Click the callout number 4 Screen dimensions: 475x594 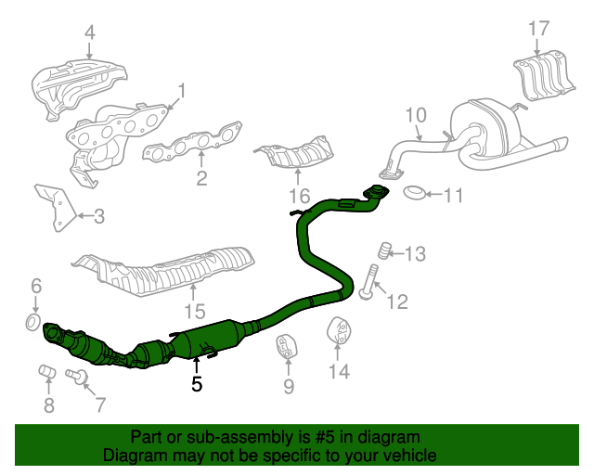[89, 34]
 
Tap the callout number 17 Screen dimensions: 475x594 [539, 29]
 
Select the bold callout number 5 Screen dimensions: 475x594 [196, 382]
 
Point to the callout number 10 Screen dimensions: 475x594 [415, 115]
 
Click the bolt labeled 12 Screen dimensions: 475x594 [368, 284]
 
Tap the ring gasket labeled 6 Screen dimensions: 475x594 [32, 322]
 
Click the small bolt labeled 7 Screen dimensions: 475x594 [78, 376]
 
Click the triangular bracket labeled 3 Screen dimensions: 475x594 [55, 209]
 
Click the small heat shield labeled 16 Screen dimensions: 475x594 [295, 154]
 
